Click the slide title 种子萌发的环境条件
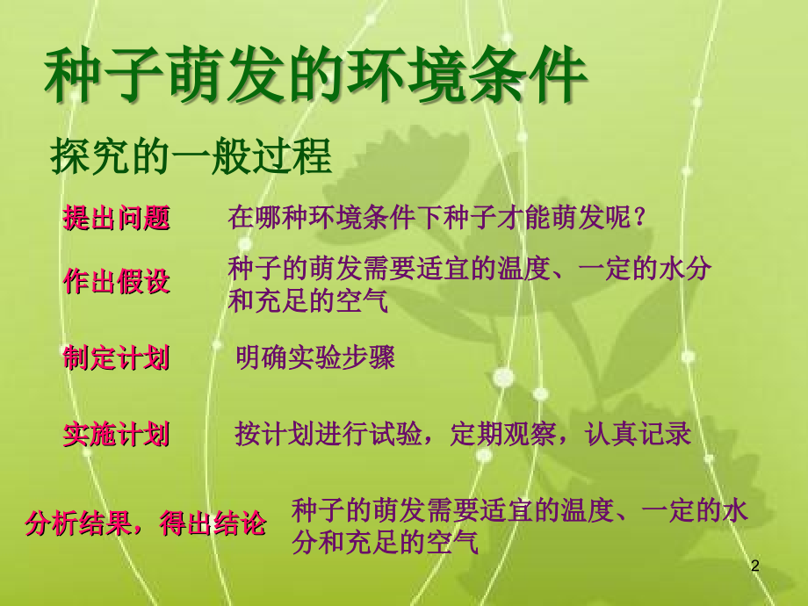[314, 77]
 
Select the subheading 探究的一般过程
[191, 157]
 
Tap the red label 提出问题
[116, 218]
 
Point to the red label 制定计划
[116, 358]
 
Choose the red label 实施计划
[116, 435]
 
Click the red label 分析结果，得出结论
[145, 524]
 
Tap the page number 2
[754, 567]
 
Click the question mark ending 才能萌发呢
[638, 218]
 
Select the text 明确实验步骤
[315, 358]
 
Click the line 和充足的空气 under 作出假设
[307, 302]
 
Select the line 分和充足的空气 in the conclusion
[385, 543]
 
